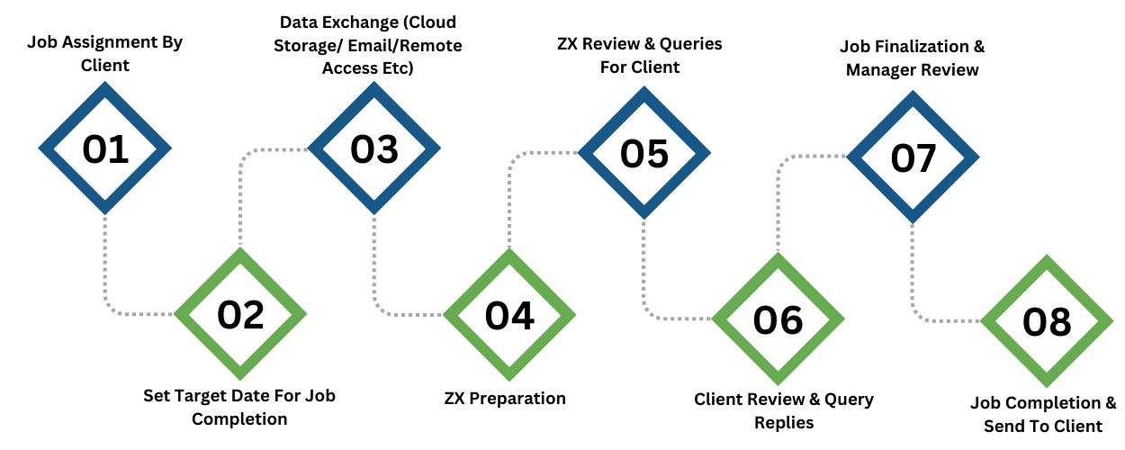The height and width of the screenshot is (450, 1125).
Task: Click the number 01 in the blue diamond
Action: pos(105,149)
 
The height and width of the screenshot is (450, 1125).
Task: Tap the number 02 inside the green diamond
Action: pos(240,315)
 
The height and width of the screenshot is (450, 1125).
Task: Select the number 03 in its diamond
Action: pos(374,149)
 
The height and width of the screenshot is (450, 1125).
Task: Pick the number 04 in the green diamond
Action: pos(509,316)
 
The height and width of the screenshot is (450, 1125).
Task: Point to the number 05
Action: pos(643,154)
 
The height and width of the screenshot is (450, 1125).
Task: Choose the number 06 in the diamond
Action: pos(778,319)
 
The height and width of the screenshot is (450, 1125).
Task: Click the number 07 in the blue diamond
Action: pos(913,158)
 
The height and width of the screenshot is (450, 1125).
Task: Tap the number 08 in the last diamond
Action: pos(1047,322)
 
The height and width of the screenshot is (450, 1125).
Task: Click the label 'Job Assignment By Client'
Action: pos(105,53)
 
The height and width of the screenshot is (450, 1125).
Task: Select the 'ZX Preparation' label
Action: pos(505,399)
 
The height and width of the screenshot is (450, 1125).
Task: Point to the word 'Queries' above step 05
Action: pos(690,44)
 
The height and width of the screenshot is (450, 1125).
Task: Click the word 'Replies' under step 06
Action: pos(784,423)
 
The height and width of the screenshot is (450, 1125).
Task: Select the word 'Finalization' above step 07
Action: pos(927,46)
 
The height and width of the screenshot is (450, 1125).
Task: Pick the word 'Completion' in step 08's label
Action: pos(1054,403)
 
